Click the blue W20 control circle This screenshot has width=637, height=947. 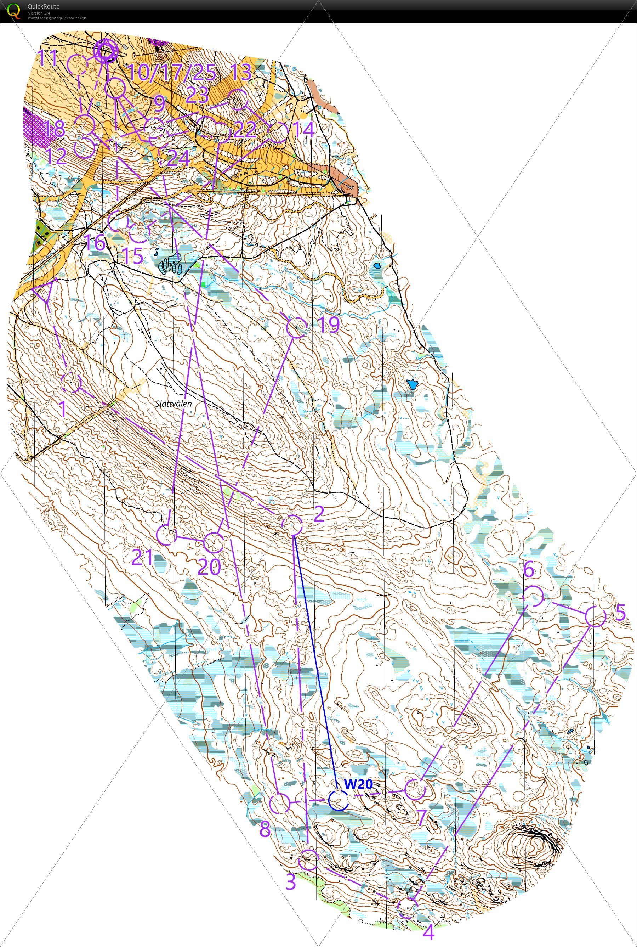(x=338, y=800)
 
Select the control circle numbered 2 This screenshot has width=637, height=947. (x=292, y=525)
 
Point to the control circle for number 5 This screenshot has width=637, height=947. (x=595, y=616)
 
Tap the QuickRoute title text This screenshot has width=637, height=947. (x=44, y=6)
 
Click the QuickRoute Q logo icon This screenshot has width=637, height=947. (x=13, y=10)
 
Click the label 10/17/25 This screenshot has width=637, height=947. (x=171, y=72)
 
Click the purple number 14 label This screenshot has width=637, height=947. (x=303, y=130)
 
